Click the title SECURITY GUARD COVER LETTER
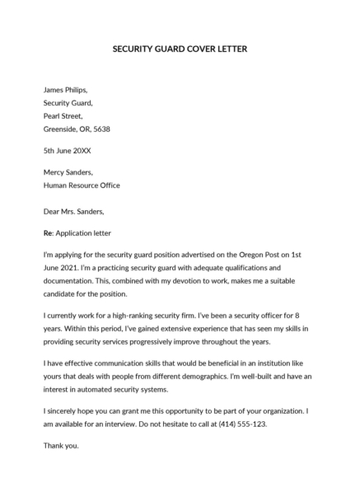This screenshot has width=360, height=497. coord(180,49)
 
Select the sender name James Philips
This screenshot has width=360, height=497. coord(65,90)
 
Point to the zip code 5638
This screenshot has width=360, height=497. coord(101,129)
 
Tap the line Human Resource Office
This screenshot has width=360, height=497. coord(82,185)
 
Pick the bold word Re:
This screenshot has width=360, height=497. coord(49,233)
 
